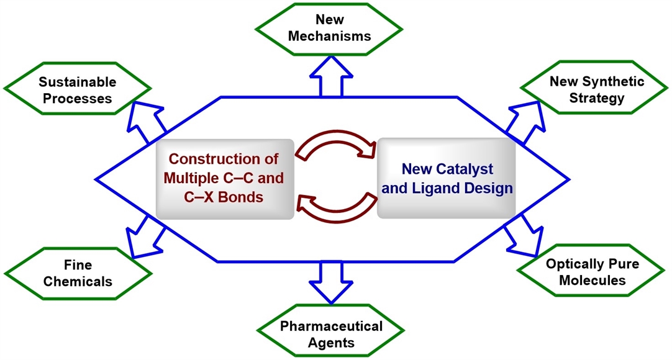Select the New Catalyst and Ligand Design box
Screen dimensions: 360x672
coord(447,178)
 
